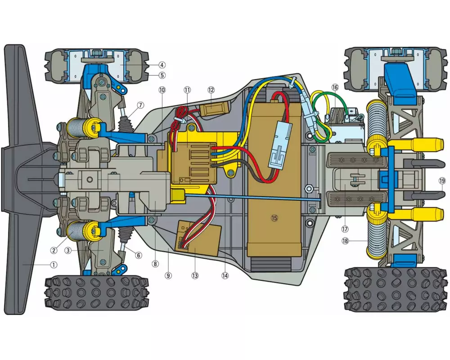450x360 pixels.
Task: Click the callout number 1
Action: (54, 265)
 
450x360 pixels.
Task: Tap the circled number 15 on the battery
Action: (274, 218)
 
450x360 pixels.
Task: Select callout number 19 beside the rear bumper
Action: (442, 181)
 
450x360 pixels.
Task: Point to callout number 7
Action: (140, 105)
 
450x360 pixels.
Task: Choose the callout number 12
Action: (211, 90)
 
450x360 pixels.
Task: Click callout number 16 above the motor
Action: (335, 87)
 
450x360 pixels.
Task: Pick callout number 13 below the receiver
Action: (195, 275)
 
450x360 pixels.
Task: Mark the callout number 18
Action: (345, 241)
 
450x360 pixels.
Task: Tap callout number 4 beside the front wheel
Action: (162, 65)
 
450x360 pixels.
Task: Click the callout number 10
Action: (162, 90)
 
